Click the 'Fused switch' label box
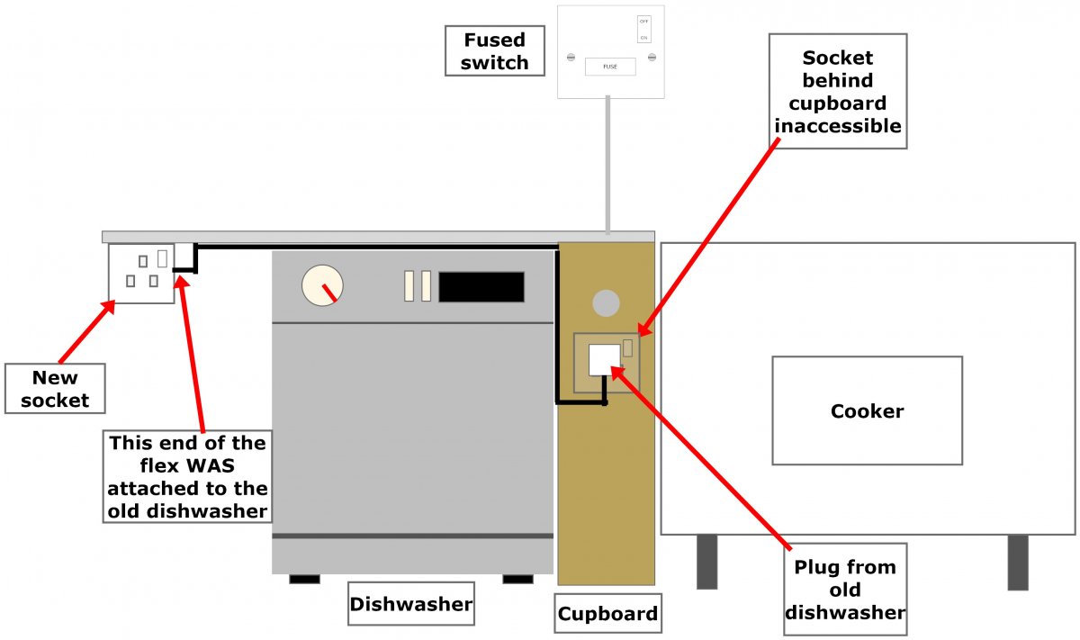495,51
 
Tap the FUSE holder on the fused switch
610,67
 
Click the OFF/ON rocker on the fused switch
643,29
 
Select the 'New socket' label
55,389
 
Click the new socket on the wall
141,274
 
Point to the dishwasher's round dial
322,285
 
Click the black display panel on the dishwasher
481,286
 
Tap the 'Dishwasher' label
411,603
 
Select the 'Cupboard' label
607,614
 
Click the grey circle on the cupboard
607,302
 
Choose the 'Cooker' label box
867,410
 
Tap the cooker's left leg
707,562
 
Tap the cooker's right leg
1018,562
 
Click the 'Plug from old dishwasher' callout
845,590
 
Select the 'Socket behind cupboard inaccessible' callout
838,92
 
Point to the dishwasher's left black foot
304,579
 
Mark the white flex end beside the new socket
184,256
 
